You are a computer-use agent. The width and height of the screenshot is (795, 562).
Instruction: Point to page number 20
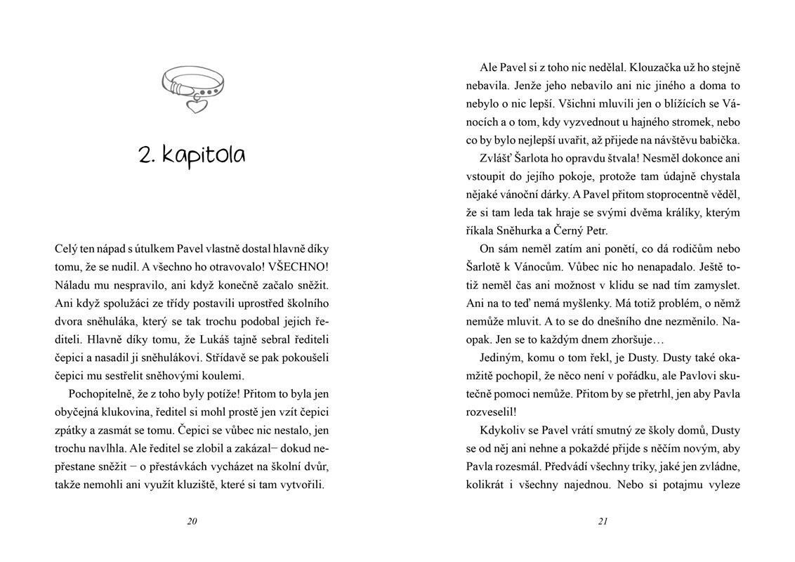(192, 521)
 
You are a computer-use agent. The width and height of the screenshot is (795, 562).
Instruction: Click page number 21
(602, 521)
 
